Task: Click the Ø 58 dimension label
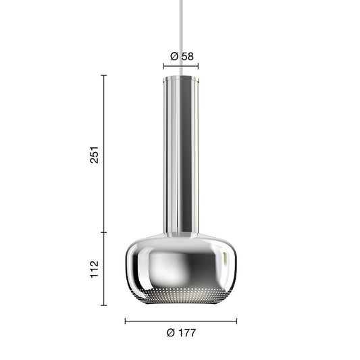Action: coord(181,57)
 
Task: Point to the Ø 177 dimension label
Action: coord(181,332)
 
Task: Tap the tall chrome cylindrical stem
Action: coord(180,155)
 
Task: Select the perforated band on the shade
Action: coord(180,295)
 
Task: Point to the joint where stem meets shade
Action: coord(180,233)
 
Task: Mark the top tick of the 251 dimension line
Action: coord(103,75)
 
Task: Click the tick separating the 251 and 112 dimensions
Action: coord(103,232)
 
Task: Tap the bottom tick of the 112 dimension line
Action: coord(103,305)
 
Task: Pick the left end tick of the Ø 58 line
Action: coord(163,66)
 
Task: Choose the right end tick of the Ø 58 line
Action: coord(199,66)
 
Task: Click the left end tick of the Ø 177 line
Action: coord(125,321)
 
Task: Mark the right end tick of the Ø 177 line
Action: coord(236,321)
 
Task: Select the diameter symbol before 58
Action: coord(174,57)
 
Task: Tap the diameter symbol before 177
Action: coord(170,332)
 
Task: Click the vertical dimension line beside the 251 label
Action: coord(103,189)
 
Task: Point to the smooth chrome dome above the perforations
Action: coord(180,260)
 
